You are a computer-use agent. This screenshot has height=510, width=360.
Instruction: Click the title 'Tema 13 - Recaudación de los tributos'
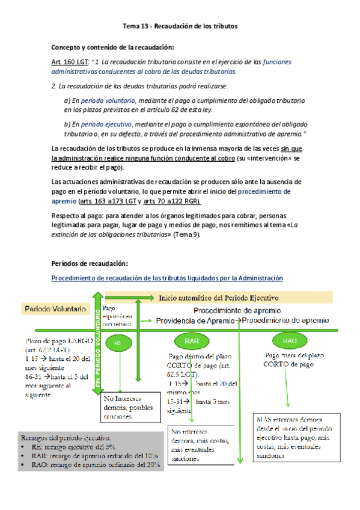click(x=180, y=26)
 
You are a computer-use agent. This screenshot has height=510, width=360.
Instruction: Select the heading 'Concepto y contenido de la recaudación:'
click(x=113, y=47)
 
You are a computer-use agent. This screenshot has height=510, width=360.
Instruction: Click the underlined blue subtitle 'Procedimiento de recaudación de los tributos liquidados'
click(x=167, y=277)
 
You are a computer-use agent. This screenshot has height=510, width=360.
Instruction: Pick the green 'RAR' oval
click(x=191, y=341)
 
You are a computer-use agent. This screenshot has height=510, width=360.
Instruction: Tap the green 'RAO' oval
click(x=289, y=341)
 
